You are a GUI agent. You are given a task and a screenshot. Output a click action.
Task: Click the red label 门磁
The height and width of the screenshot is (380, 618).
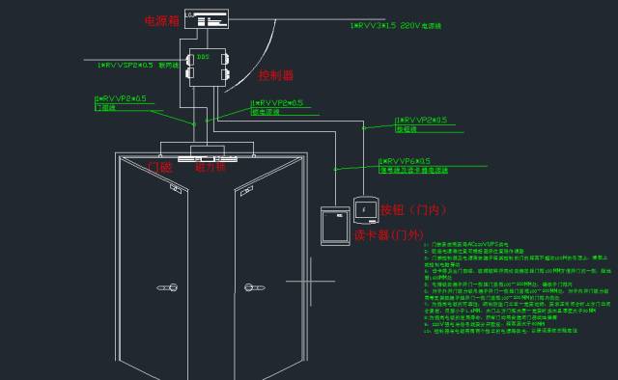(158, 167)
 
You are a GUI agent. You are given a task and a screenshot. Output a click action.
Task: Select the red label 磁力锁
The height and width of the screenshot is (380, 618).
(210, 167)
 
